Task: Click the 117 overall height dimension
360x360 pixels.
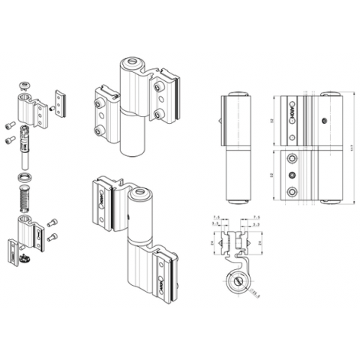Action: pos(349,148)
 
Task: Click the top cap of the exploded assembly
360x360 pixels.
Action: pos(25,84)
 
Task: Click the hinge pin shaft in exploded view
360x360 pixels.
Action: pos(25,154)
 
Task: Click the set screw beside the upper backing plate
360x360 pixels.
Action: pos(51,109)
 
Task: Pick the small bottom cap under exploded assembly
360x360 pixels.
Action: pos(25,260)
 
